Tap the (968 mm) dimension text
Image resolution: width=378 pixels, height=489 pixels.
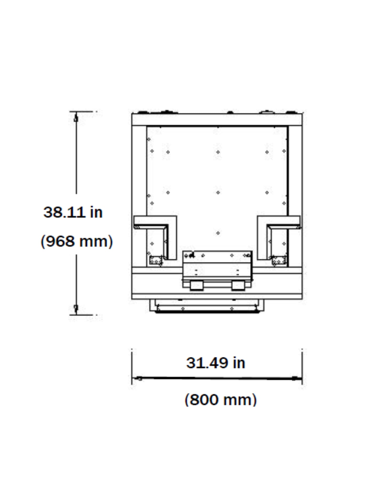[77, 241]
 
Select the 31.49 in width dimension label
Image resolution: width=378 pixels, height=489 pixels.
[216, 363]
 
